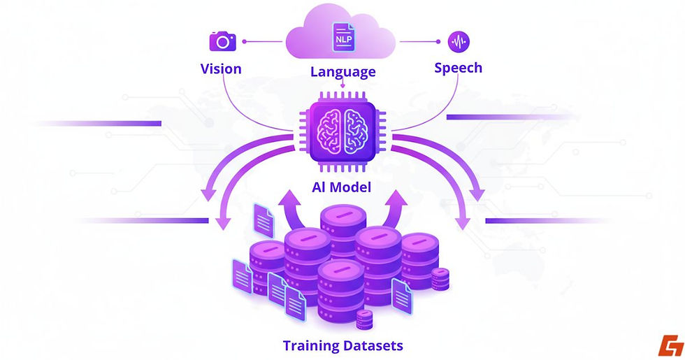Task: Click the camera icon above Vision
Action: click(222, 41)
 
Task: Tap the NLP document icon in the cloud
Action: click(342, 36)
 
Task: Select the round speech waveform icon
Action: click(459, 41)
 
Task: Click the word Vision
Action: click(221, 69)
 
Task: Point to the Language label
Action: click(342, 71)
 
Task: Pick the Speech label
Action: click(458, 68)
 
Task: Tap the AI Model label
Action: click(342, 187)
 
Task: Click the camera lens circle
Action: click(223, 43)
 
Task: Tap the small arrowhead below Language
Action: click(342, 87)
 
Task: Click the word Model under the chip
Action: click(354, 187)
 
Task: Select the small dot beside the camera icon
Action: click(245, 42)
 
